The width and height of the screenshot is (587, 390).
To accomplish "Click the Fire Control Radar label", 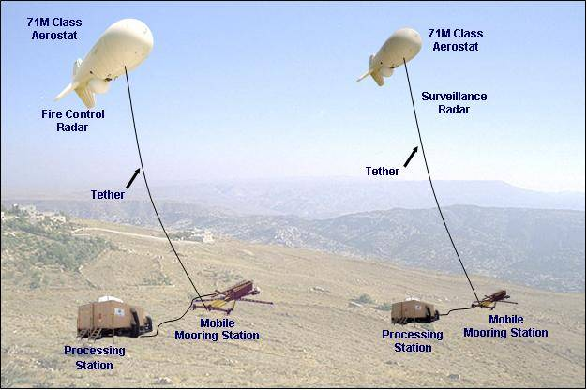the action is tap(73, 121).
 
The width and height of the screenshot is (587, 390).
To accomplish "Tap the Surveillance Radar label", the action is tap(454, 103).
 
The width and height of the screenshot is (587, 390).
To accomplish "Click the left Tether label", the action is tap(108, 195).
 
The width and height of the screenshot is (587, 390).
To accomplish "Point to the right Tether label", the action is tap(383, 172).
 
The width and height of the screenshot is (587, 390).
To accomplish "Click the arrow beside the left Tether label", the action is tap(133, 178).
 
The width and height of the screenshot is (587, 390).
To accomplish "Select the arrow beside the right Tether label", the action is tap(411, 157).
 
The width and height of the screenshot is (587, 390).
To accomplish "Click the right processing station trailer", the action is tap(414, 311).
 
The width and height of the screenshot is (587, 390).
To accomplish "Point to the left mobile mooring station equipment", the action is tap(232, 297).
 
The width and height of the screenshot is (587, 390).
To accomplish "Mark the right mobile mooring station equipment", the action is tap(493, 300).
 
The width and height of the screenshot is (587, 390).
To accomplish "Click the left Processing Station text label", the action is tap(95, 358).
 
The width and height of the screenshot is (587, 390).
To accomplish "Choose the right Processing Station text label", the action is tap(413, 341).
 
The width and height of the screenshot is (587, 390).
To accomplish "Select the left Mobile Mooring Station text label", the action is tap(218, 329).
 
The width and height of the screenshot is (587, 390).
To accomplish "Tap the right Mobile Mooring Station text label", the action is tap(505, 326).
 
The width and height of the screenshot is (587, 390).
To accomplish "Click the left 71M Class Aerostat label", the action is tap(54, 29).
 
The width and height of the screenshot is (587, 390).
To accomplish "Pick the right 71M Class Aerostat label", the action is tap(456, 40).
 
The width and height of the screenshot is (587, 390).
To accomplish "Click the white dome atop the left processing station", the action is tap(108, 299).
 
